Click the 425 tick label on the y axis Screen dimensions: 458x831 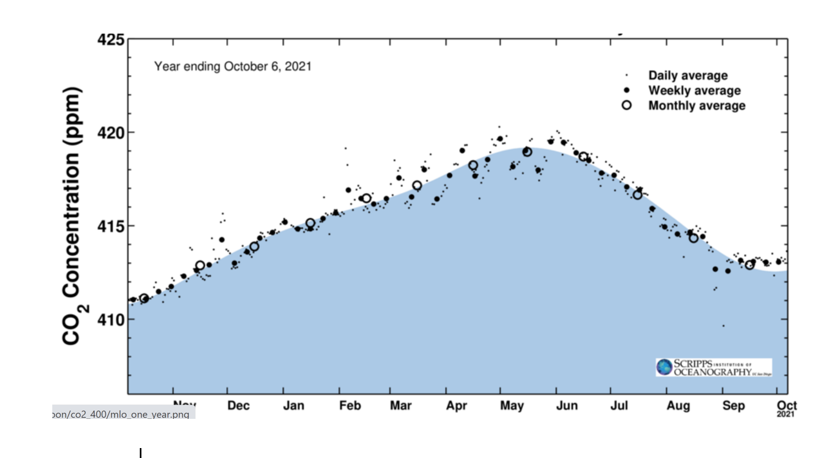click(111, 40)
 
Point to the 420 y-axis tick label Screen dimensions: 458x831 click(111, 133)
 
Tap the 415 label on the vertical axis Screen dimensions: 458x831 click(111, 226)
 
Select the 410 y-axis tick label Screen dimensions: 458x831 click(111, 320)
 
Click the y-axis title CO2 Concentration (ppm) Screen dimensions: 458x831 click(73, 216)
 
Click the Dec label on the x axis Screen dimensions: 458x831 click(238, 406)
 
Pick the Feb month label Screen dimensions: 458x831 click(350, 406)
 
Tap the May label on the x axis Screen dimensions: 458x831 click(512, 406)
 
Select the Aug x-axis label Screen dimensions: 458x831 click(678, 406)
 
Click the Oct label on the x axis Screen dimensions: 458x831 click(786, 405)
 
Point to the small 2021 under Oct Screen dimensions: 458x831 click(786, 414)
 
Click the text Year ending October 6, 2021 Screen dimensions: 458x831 click(233, 67)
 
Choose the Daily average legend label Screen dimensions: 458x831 click(688, 76)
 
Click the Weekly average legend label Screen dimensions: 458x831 click(695, 90)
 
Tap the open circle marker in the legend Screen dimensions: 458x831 click(626, 105)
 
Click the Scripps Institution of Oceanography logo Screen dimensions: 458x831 click(713, 367)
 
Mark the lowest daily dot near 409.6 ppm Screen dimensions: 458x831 click(723, 326)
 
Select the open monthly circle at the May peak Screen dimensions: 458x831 click(527, 152)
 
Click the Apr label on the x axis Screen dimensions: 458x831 click(456, 406)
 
